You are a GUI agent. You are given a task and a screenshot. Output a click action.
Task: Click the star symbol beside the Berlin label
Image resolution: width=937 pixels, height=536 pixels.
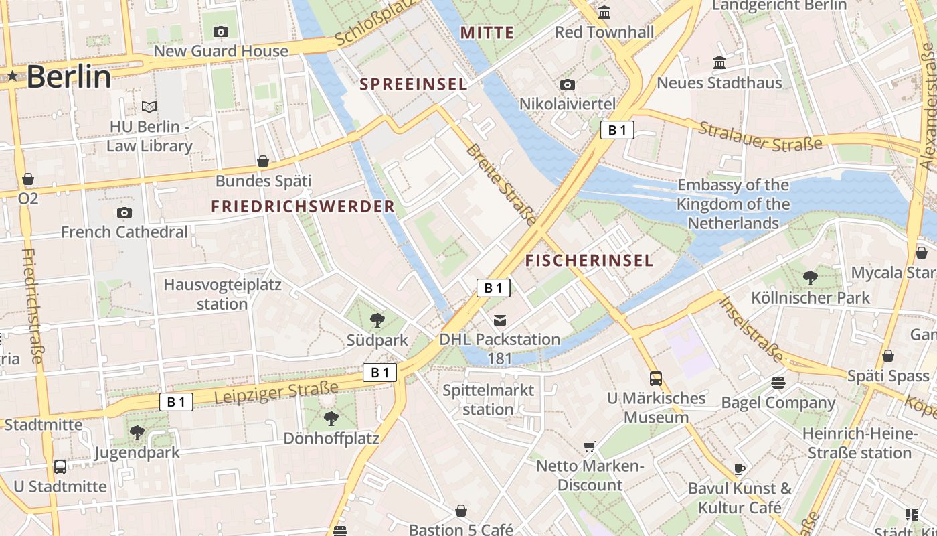(x=13, y=76)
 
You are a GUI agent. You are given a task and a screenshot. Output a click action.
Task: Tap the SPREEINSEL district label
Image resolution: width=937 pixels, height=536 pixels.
(x=413, y=84)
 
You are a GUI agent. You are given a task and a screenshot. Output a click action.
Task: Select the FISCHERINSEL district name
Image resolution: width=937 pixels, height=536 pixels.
(x=589, y=261)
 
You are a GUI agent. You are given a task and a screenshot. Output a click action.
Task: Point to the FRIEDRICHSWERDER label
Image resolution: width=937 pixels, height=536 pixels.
(x=303, y=206)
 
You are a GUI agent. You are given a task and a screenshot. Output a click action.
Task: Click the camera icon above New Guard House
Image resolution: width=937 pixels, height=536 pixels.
(x=220, y=31)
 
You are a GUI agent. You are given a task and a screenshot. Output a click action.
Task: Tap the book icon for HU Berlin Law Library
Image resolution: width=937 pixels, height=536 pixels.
(x=149, y=107)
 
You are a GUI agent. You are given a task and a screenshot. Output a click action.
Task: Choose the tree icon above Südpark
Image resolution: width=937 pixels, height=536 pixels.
(x=377, y=320)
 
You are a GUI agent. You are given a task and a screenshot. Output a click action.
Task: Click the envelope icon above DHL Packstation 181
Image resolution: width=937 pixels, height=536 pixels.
(x=500, y=320)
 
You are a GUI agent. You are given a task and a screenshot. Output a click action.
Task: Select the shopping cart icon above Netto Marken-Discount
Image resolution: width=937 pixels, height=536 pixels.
(x=590, y=446)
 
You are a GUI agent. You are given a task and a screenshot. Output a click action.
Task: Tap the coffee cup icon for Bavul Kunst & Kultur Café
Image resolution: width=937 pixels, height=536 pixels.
(x=739, y=469)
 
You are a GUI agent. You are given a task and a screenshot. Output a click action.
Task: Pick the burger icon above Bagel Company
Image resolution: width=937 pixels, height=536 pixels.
(x=778, y=383)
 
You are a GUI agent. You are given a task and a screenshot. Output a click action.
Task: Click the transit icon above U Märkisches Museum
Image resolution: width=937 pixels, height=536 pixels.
(x=656, y=379)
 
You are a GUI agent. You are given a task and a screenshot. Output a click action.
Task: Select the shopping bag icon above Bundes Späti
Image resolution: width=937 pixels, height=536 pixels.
(x=263, y=161)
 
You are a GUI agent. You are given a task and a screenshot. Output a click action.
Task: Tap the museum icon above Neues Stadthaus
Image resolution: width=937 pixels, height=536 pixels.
(x=719, y=63)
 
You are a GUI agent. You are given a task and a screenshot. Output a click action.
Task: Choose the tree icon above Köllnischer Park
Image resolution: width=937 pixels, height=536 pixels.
(x=811, y=277)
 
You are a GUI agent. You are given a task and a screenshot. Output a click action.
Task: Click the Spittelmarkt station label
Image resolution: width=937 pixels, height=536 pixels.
(x=489, y=400)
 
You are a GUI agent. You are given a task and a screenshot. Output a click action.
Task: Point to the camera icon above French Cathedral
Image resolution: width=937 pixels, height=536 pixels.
(x=124, y=213)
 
